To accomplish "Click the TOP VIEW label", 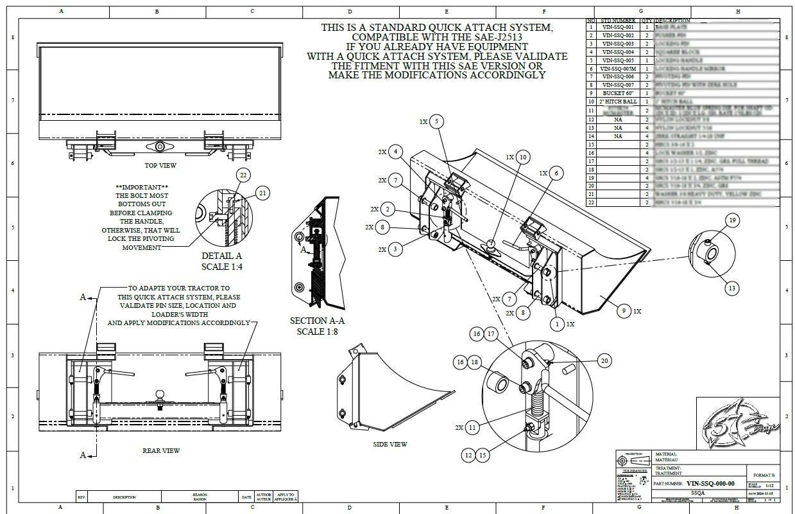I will [160, 165].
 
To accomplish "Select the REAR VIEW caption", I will [161, 450].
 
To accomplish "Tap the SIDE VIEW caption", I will [389, 444].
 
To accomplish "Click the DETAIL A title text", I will [221, 256].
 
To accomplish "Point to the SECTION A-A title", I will [317, 321].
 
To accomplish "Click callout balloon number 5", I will [436, 121].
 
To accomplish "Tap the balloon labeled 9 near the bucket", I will [622, 310].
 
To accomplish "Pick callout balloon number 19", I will [731, 220].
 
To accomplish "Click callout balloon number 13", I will [731, 288].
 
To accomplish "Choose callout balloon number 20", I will [604, 361].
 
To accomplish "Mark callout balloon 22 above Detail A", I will [243, 175].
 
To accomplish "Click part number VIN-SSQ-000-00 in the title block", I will [710, 483].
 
